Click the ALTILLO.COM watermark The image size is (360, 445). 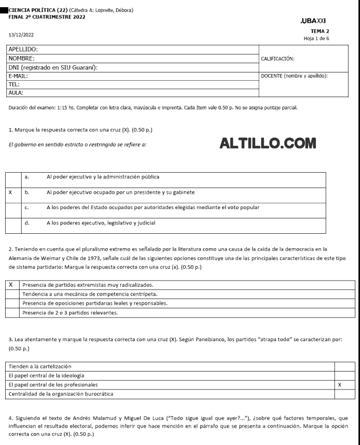[267, 144]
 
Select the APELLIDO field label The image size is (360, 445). [23, 50]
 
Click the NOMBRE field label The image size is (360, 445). [22, 59]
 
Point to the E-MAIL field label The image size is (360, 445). [19, 76]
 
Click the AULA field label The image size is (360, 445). [16, 93]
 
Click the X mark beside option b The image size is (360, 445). [10, 192]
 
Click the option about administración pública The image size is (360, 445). [102, 177]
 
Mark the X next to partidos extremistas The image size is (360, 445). [10, 284]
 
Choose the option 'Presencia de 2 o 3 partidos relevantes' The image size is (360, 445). [70, 312]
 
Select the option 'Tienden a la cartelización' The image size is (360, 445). [40, 366]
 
